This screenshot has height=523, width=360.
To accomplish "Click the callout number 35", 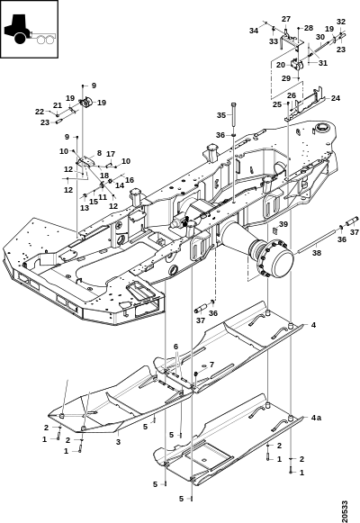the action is [x=221, y=115].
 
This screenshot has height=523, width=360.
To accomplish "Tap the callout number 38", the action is [x=317, y=253].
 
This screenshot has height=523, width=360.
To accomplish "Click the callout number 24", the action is [x=336, y=98].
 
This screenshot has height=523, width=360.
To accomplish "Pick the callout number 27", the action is [x=286, y=19].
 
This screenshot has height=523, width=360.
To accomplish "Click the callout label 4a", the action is [x=316, y=418].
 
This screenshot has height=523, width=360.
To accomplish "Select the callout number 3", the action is [x=118, y=442].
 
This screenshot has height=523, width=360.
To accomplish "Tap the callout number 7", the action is [x=212, y=365].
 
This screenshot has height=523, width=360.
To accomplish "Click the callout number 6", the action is [x=176, y=347].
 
